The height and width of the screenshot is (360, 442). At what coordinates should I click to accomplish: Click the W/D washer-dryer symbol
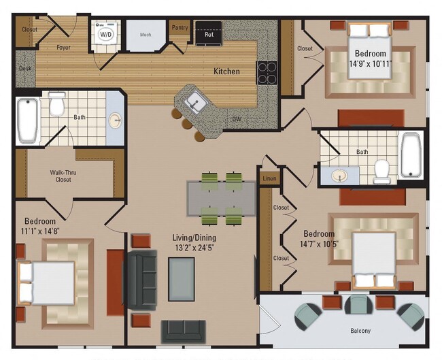pyautogui.click(x=105, y=33)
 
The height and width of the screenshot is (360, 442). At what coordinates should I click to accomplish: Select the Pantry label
pyautogui.click(x=180, y=28)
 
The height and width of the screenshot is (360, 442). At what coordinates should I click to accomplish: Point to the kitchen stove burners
pyautogui.click(x=266, y=72)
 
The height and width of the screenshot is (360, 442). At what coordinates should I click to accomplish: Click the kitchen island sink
pyautogui.click(x=194, y=103)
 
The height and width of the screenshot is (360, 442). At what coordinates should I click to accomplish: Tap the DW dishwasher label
pyautogui.click(x=237, y=119)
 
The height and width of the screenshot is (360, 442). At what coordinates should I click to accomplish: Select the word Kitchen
pyautogui.click(x=226, y=71)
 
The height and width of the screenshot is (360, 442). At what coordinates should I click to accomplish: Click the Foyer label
pyautogui.click(x=64, y=48)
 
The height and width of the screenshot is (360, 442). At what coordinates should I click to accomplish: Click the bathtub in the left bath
pyautogui.click(x=27, y=120)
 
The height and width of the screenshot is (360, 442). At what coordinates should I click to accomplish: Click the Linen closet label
pyautogui.click(x=270, y=178)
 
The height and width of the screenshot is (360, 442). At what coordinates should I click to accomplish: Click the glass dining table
pyautogui.click(x=222, y=198)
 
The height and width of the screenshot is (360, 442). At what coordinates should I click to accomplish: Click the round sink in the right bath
pyautogui.click(x=339, y=177)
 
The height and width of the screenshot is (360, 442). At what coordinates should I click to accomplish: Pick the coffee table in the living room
pyautogui.click(x=182, y=278)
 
